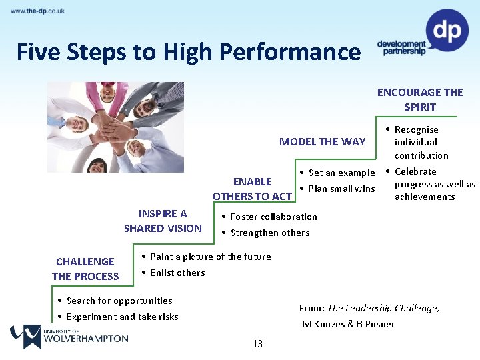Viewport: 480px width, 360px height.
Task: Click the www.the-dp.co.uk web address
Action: tap(37, 11)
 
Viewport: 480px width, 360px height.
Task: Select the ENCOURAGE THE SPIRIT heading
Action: tap(420, 99)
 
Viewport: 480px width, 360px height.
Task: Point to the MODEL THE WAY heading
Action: tap(322, 141)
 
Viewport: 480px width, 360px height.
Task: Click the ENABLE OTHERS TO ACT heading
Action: tap(253, 189)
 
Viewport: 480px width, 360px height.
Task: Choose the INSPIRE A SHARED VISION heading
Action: tap(163, 221)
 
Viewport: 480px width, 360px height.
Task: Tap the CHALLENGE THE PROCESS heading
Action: tap(85, 269)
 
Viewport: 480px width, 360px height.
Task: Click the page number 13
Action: tap(258, 344)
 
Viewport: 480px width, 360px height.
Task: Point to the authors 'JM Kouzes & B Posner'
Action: tap(347, 324)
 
